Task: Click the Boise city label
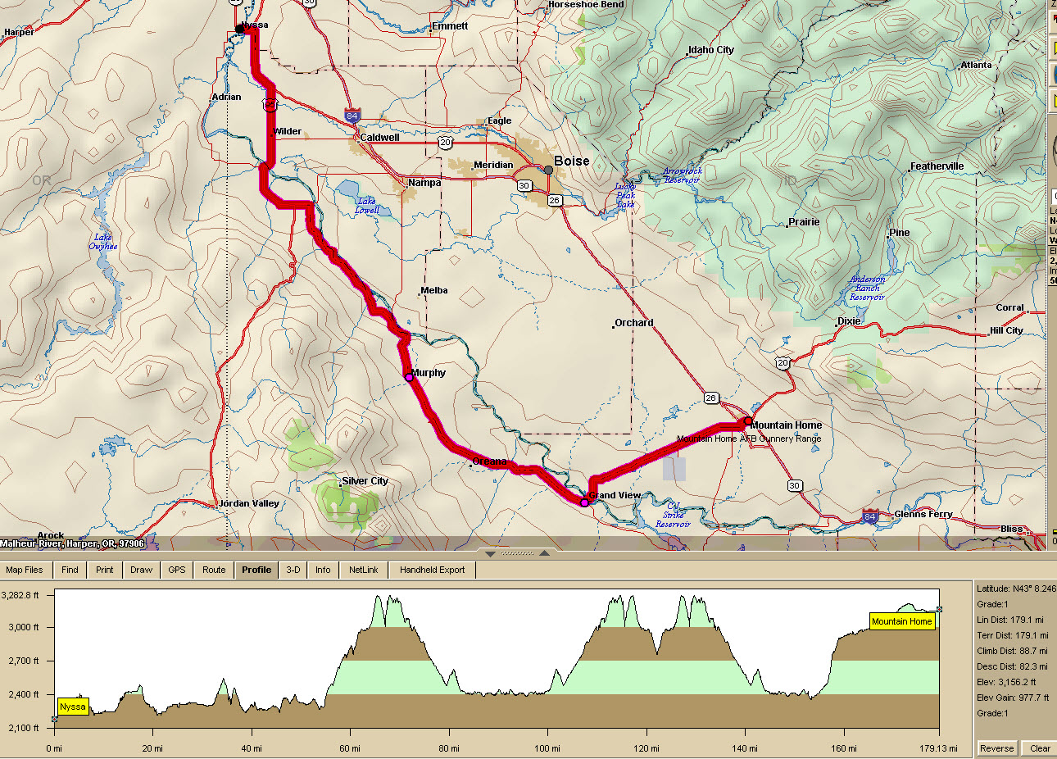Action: (571, 161)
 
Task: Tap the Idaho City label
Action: (710, 50)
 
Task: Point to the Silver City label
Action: (365, 481)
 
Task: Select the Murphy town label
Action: (428, 373)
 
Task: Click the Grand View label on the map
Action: (615, 495)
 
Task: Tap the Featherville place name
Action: (937, 166)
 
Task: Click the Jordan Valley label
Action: (249, 503)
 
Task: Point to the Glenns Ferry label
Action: (923, 514)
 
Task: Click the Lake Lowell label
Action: (367, 206)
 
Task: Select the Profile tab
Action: (256, 570)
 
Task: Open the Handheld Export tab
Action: (432, 570)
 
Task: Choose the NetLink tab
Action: (364, 570)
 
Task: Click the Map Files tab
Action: (25, 570)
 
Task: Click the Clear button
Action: (1040, 748)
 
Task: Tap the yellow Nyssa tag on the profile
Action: (73, 707)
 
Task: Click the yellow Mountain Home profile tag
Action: (901, 621)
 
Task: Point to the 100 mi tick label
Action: (547, 748)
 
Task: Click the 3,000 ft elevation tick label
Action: (24, 627)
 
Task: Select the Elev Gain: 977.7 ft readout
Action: (1013, 698)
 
